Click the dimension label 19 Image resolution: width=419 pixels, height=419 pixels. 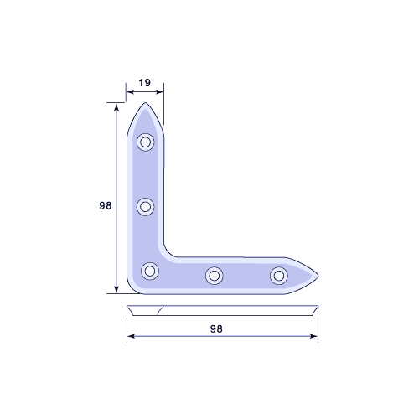pos(145,83)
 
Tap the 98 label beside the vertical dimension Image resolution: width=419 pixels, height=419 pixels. pos(106,205)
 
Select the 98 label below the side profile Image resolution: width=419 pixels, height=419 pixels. pos(216,328)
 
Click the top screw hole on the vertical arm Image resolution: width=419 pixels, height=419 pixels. pos(145,142)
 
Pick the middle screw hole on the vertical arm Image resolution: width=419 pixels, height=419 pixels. pos(145,207)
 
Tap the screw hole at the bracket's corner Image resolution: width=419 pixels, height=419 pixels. pos(150,271)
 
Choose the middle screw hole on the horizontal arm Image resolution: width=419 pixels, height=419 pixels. pos(215,276)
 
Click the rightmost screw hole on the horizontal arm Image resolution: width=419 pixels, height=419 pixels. pos(279,276)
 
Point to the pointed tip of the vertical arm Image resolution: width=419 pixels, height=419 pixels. pos(145,103)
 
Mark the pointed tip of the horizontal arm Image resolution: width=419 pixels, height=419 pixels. pos(318,276)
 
